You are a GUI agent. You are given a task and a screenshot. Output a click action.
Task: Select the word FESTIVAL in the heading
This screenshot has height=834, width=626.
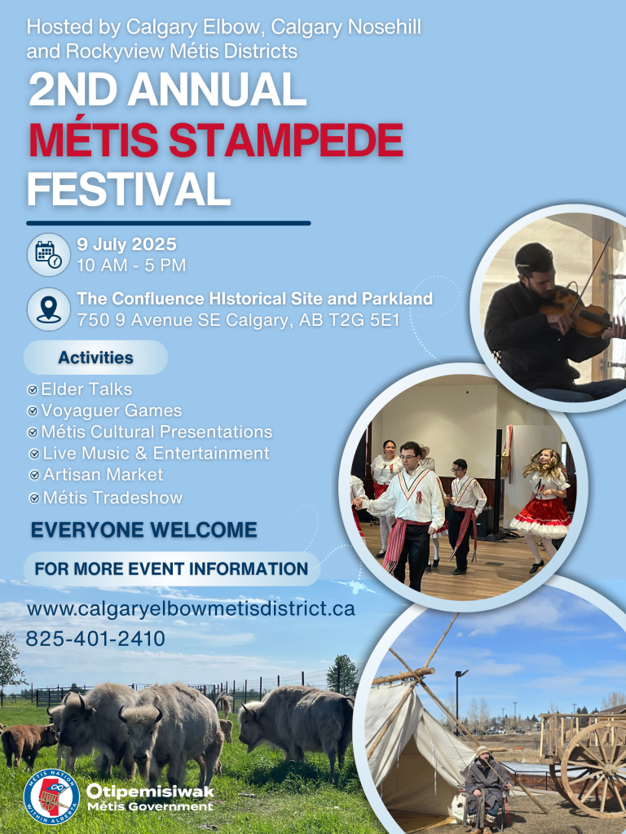coord(128,189)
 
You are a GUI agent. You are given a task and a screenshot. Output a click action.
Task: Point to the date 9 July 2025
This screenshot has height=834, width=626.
coord(126,244)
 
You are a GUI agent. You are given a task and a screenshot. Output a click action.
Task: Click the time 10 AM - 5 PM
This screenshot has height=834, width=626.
coord(131,266)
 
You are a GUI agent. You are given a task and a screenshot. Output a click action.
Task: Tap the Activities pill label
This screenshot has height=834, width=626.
coord(95,358)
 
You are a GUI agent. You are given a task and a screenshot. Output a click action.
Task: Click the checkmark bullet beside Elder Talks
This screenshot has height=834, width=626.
coord(32,390)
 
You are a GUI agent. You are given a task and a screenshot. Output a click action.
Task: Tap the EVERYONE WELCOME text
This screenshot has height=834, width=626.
coord(143,531)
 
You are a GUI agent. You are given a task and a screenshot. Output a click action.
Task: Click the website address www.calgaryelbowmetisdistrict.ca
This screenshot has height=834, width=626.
coord(191,608)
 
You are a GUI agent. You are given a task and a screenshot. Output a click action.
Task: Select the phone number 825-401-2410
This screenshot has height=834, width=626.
coord(95,639)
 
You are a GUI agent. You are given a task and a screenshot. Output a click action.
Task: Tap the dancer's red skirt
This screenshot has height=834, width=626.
coord(540,516)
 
